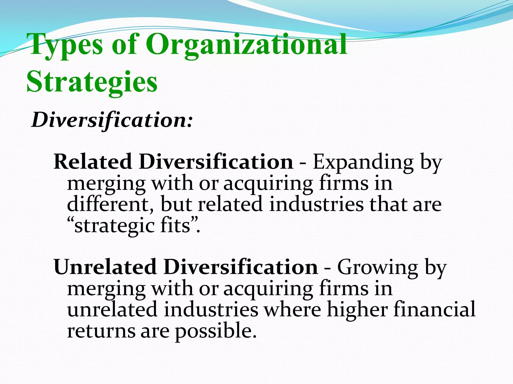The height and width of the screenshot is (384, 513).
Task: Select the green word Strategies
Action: tap(92, 82)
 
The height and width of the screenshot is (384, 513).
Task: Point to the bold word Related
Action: tap(93, 162)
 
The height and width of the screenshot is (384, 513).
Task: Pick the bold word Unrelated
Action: tap(105, 267)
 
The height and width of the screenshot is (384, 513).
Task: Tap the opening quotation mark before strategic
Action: tap(71, 221)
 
